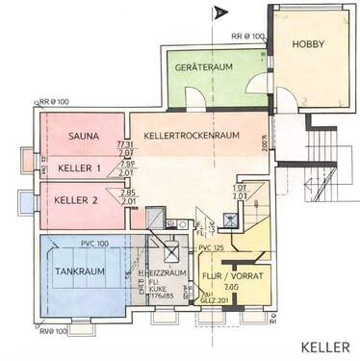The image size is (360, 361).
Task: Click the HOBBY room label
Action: [x=309, y=44]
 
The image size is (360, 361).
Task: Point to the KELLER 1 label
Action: [x=81, y=169]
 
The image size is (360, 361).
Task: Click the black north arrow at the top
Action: [x=218, y=13]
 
